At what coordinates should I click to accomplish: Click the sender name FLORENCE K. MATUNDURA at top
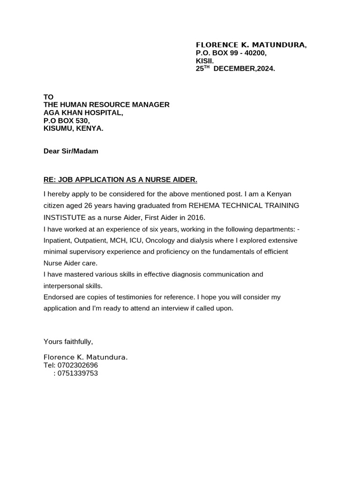[x=251, y=45]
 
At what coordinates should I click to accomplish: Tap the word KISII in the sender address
[x=204, y=61]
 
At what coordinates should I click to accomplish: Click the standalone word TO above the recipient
[x=48, y=97]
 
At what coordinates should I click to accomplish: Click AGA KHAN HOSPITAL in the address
[x=83, y=112]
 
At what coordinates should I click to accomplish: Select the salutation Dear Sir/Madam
[x=71, y=151]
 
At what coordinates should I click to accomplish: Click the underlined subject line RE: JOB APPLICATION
[x=120, y=180]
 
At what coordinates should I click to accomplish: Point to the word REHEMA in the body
[x=204, y=206]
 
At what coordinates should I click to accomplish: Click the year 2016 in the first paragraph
[x=196, y=217]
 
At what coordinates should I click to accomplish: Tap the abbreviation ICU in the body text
[x=136, y=240]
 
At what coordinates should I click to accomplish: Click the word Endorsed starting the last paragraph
[x=59, y=297]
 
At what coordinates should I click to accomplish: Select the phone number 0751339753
[x=77, y=373]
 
